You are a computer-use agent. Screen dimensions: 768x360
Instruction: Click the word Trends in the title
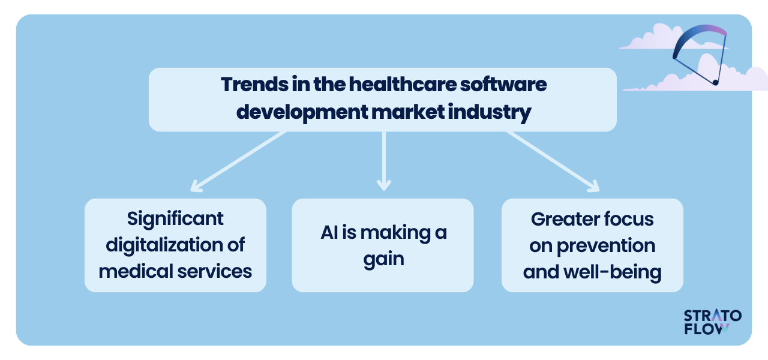[255, 85]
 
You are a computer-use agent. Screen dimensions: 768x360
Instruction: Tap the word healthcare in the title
[403, 85]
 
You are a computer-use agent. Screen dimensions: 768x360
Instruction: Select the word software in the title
[503, 85]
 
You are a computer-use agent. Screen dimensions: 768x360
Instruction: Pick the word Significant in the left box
[175, 219]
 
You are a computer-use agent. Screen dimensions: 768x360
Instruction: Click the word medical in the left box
[136, 271]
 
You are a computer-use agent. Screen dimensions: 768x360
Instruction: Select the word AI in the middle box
[329, 232]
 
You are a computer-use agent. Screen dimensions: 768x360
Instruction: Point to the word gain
[383, 259]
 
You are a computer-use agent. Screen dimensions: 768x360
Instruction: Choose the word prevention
[606, 246]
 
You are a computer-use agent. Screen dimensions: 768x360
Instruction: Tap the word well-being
[613, 272]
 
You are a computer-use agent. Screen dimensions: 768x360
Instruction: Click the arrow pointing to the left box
[239, 161]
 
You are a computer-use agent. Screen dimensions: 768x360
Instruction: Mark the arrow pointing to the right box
[553, 161]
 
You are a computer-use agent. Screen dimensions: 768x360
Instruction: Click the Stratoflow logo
[712, 322]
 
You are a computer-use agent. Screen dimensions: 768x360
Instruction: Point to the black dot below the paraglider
[715, 82]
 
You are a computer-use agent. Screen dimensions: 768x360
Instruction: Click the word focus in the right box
[628, 219]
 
